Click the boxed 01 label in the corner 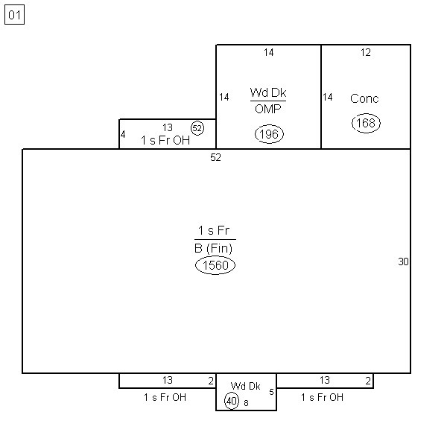(x=15, y=15)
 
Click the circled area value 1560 (x=215, y=265)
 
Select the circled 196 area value (x=269, y=134)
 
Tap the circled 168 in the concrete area (x=366, y=123)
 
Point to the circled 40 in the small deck (x=232, y=401)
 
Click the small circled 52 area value (x=197, y=128)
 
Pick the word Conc (x=364, y=98)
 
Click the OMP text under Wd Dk (x=268, y=109)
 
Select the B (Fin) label (x=214, y=249)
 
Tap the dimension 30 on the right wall (x=403, y=261)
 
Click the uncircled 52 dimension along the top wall (x=215, y=157)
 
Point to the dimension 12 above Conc (x=366, y=52)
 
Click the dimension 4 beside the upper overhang (x=123, y=134)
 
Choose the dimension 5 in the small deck (x=271, y=392)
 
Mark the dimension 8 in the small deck (x=246, y=403)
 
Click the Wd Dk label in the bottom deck (x=245, y=386)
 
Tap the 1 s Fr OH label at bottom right (x=322, y=397)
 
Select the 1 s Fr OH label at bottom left (x=165, y=397)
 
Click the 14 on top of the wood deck (x=268, y=52)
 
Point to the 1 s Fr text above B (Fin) (x=214, y=230)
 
